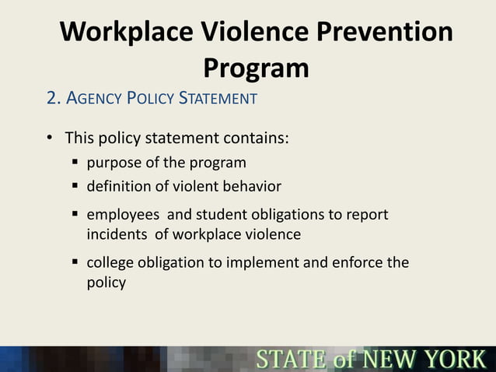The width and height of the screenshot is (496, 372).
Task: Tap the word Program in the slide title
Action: (x=256, y=68)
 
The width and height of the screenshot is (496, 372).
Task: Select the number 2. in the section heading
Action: (x=54, y=99)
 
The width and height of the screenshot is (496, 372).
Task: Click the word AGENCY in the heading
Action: (x=97, y=99)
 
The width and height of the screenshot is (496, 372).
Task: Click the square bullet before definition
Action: (x=76, y=187)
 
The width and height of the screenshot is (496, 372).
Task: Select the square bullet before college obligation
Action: (x=76, y=262)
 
